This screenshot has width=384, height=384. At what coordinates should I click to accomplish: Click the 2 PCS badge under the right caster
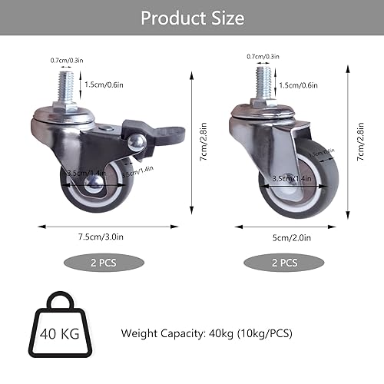coord(284,262)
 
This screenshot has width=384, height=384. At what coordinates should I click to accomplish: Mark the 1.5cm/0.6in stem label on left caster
coord(103,85)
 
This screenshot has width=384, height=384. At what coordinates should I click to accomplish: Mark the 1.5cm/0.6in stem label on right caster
coord(296,84)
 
